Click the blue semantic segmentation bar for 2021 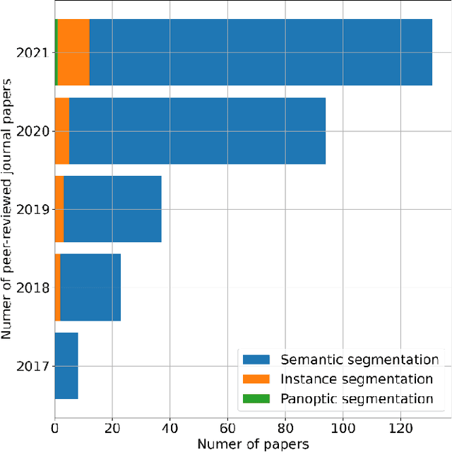coord(261,52)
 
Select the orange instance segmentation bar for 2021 coord(73,52)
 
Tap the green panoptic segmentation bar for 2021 coord(56,52)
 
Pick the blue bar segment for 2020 coord(197,131)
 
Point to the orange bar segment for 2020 coord(62,131)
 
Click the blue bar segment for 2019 coord(112,209)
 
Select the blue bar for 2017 coord(66,366)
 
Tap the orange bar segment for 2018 coord(58,287)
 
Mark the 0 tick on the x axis coord(55,428)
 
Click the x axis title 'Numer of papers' coord(252,444)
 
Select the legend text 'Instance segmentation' coord(357,379)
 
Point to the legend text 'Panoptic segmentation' coord(357,399)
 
